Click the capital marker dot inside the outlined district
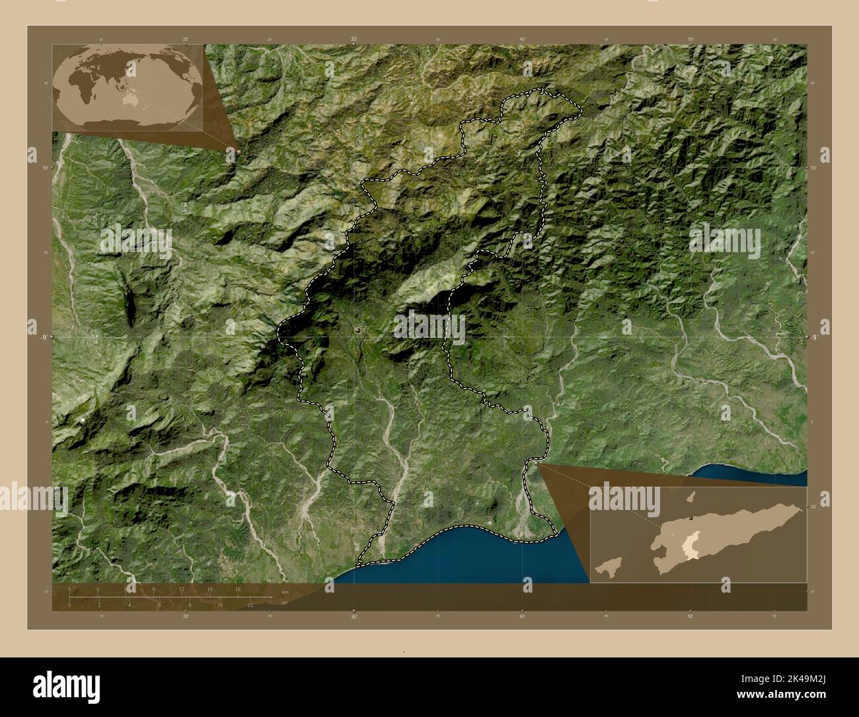[357, 329]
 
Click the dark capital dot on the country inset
[691, 519]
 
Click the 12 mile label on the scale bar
[250, 605]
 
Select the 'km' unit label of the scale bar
[285, 592]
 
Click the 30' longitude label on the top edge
[354, 40]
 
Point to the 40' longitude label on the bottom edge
[523, 616]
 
